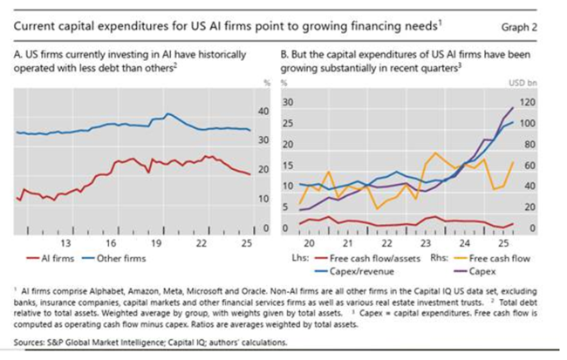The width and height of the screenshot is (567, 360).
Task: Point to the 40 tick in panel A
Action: point(264,112)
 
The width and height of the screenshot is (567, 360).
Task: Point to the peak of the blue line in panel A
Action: point(167,114)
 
